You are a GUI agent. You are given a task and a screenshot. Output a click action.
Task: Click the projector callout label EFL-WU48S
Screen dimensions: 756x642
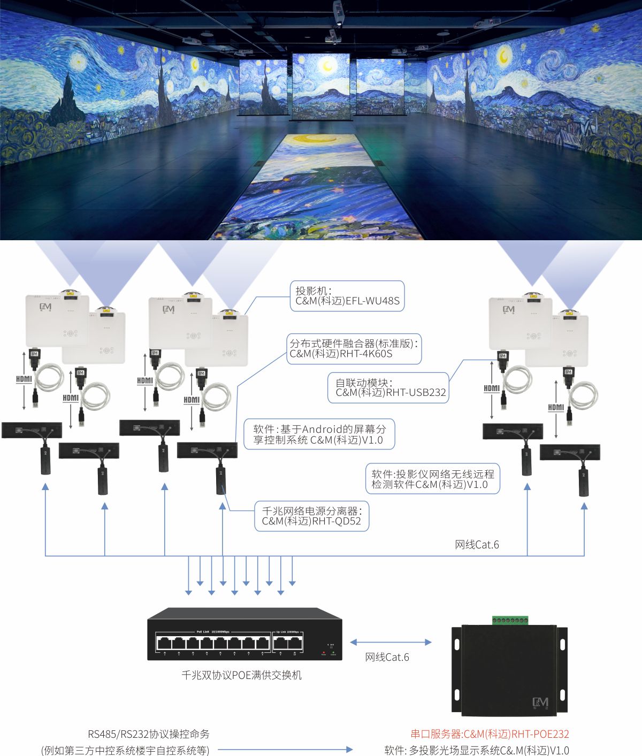(x=347, y=296)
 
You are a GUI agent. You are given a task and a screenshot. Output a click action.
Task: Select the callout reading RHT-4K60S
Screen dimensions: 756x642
(x=354, y=349)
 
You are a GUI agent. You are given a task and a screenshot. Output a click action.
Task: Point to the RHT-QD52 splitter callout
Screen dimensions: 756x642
(x=311, y=516)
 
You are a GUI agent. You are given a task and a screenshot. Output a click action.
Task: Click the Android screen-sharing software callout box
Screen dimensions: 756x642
(x=319, y=434)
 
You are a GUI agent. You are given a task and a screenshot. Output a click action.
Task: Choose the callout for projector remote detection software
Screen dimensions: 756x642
(x=432, y=479)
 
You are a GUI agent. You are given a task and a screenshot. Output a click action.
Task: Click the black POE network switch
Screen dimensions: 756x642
(x=244, y=634)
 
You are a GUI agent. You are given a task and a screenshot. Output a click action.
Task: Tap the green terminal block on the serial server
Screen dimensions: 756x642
(x=510, y=620)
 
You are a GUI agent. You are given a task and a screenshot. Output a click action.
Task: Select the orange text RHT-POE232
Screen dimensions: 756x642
(x=490, y=734)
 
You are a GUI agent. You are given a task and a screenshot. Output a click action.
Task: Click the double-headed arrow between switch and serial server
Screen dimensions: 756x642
(x=391, y=642)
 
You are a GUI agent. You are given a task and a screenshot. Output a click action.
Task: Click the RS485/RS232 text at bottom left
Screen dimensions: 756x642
(x=148, y=734)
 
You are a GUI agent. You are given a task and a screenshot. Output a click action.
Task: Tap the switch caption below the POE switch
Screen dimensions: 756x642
(x=241, y=675)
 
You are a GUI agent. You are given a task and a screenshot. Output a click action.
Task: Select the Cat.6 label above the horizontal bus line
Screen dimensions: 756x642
(x=477, y=545)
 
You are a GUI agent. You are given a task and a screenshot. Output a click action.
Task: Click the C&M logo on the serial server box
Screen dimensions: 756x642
(x=540, y=702)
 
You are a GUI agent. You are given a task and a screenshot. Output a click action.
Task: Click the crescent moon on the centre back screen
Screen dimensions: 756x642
(x=326, y=66)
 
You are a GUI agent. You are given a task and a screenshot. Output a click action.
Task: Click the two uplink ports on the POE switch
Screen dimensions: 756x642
(x=288, y=644)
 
